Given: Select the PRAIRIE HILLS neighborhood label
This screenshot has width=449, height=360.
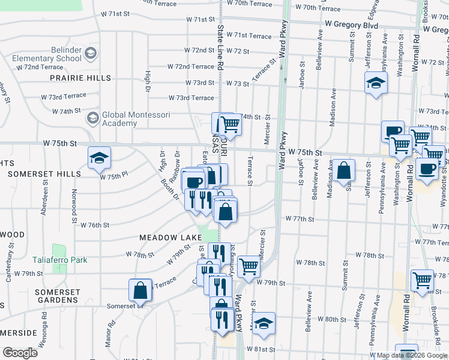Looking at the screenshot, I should pyautogui.click(x=80, y=78).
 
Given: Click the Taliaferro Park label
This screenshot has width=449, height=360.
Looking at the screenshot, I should pyautogui.click(x=59, y=260).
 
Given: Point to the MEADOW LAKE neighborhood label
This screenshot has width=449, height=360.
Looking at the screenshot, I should pyautogui.click(x=170, y=238).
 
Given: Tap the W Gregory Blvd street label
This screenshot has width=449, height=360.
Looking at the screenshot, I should pyautogui.click(x=351, y=25).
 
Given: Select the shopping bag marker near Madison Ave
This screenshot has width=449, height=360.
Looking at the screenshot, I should pyautogui.click(x=345, y=170).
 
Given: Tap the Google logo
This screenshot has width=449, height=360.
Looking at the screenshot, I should pyautogui.click(x=20, y=352).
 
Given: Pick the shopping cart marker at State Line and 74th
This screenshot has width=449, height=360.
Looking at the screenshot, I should pyautogui.click(x=229, y=124).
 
